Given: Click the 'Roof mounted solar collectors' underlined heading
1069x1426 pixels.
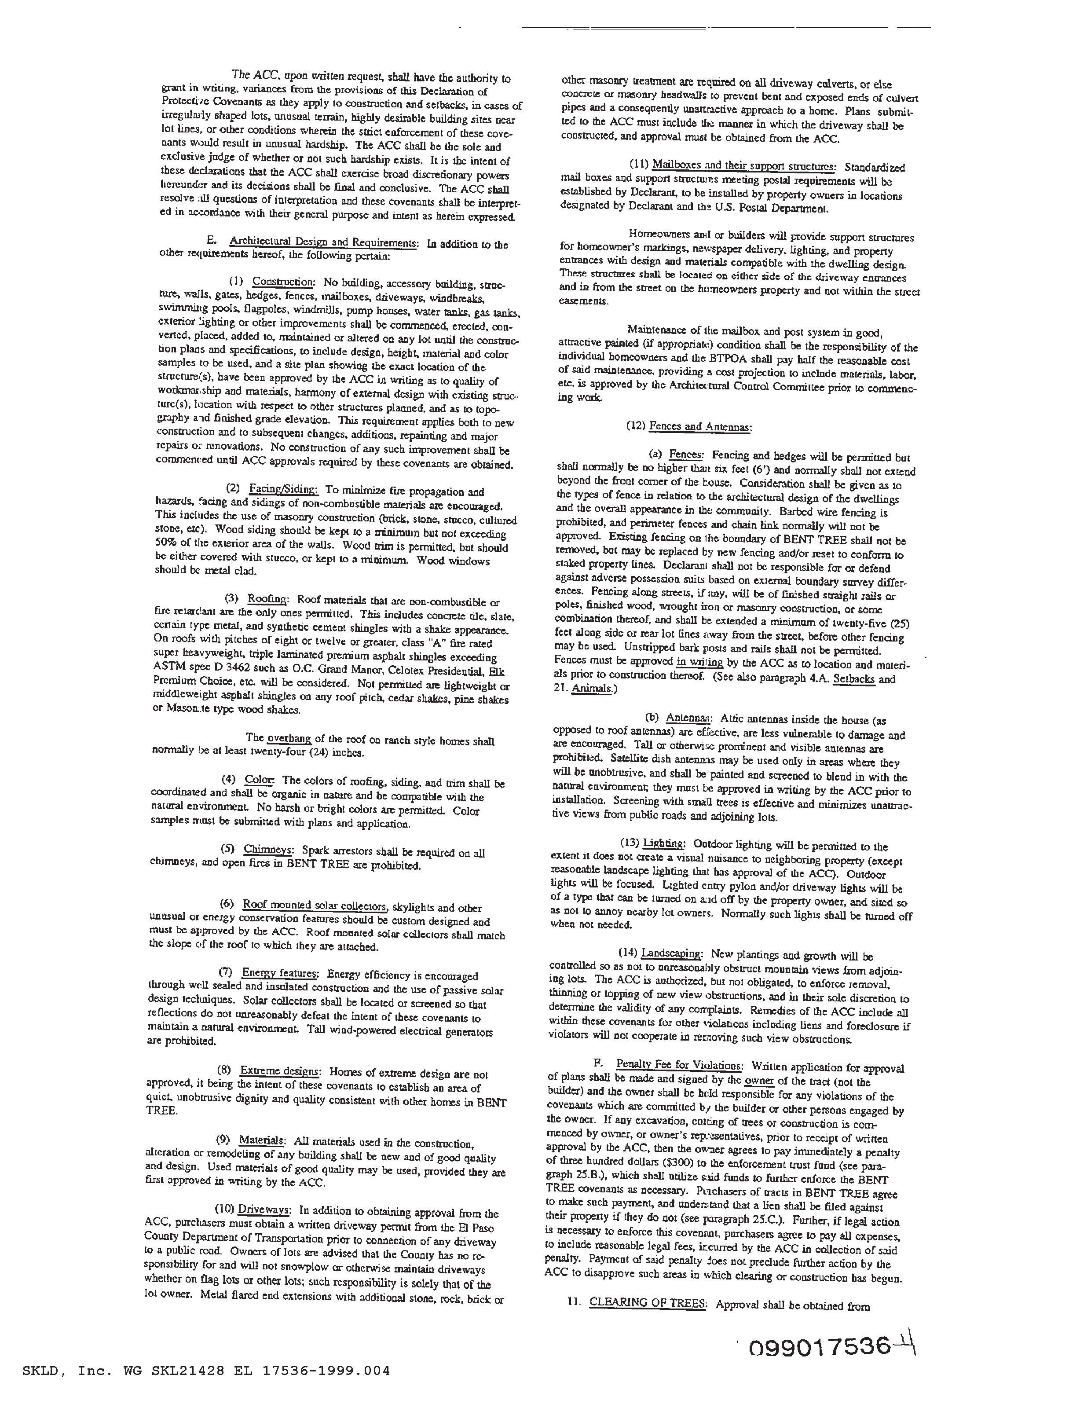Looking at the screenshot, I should [x=315, y=905].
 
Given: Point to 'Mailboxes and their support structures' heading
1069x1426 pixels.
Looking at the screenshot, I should [x=744, y=166].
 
